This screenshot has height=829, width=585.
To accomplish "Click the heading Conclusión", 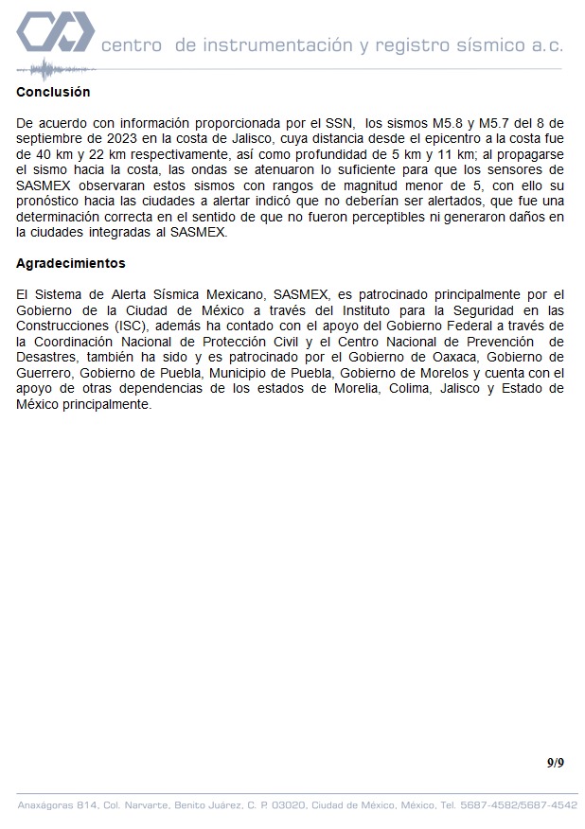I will click(x=53, y=92).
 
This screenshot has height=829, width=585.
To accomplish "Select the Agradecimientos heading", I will click(x=71, y=263).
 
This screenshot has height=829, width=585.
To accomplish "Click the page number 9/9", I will click(x=555, y=763).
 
